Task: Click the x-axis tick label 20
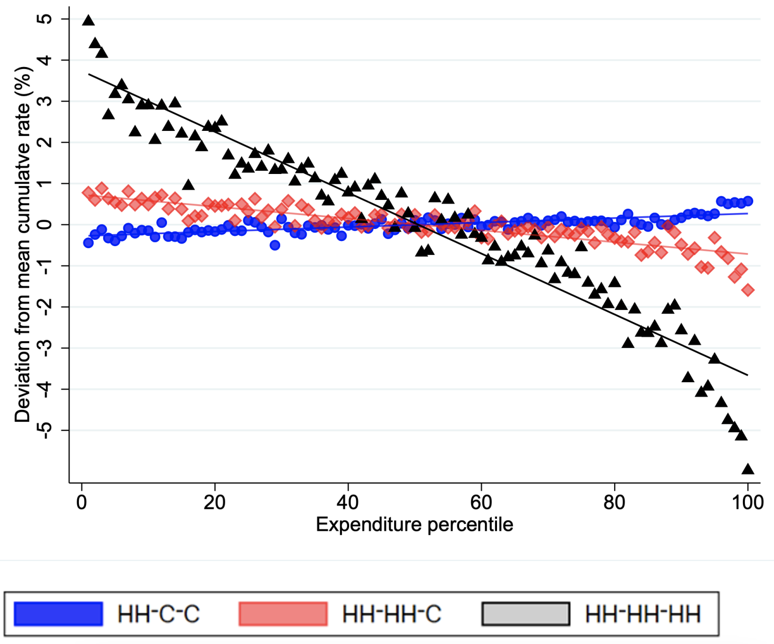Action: pyautogui.click(x=214, y=502)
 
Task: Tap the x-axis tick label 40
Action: pyautogui.click(x=348, y=502)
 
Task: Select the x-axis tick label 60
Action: pyautogui.click(x=481, y=502)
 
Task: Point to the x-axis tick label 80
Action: pyautogui.click(x=614, y=502)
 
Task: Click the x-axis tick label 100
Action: pyautogui.click(x=748, y=502)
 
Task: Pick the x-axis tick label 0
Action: pyautogui.click(x=81, y=502)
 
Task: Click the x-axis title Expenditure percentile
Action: pyautogui.click(x=414, y=525)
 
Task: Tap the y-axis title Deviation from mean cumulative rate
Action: pyautogui.click(x=23, y=244)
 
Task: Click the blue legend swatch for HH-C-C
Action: pyautogui.click(x=58, y=614)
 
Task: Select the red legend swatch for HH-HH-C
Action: pyautogui.click(x=283, y=614)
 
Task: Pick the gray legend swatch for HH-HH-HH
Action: pyautogui.click(x=526, y=614)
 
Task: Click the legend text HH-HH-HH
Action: pyautogui.click(x=643, y=614)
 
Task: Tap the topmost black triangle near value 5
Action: pyautogui.click(x=88, y=21)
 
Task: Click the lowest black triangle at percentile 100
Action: pyautogui.click(x=748, y=469)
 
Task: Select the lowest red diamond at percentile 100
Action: pyautogui.click(x=748, y=290)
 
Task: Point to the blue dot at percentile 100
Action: pyautogui.click(x=748, y=201)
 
